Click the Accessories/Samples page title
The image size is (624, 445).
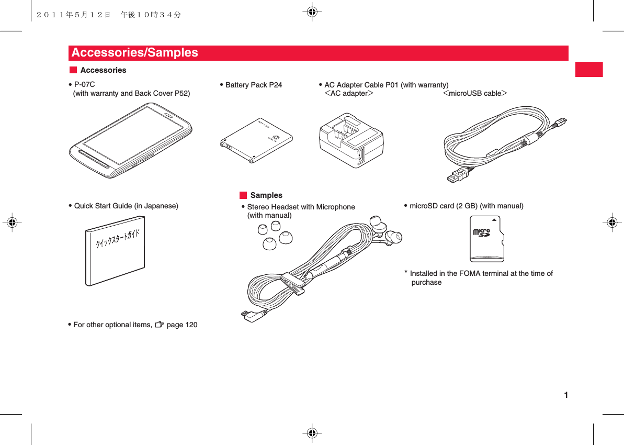pos(135,53)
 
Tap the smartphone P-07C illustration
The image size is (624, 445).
pos(131,140)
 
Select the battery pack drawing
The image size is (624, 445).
pos(256,140)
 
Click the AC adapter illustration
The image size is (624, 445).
pos(351,140)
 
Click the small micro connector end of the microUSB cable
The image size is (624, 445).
pos(562,121)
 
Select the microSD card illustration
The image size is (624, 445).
pos(486,238)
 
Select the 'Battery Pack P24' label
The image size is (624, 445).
pos(253,85)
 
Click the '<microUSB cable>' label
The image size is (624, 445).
pos(475,94)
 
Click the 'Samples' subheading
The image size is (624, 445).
pos(266,195)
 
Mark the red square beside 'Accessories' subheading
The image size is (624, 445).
pos(73,70)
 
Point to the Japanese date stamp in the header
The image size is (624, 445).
pos(109,15)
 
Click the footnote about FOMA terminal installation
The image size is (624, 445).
pos(481,277)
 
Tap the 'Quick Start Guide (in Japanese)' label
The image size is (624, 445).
pos(126,206)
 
